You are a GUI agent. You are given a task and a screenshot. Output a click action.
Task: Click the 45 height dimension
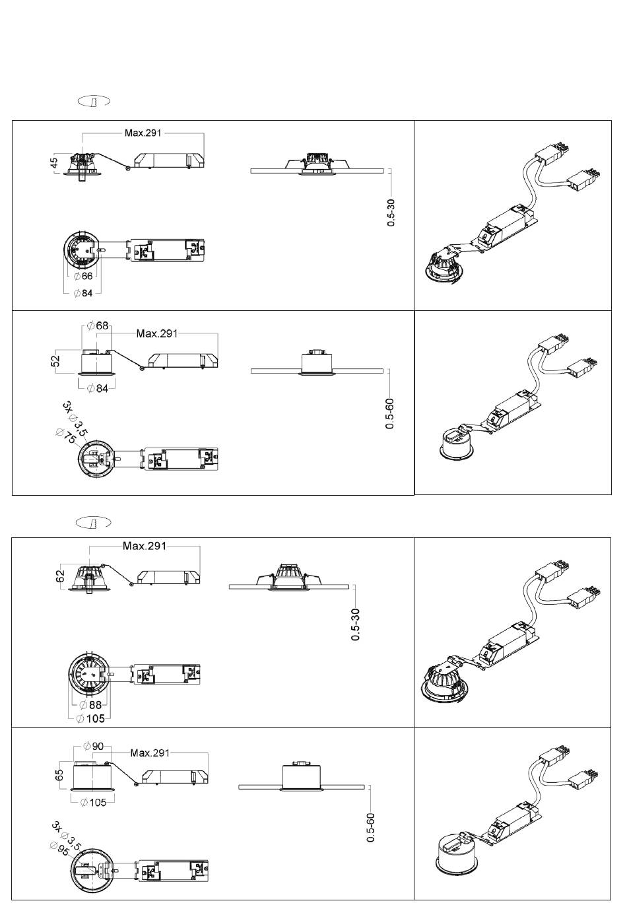point(54,163)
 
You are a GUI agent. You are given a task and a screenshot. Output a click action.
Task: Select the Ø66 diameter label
point(83,276)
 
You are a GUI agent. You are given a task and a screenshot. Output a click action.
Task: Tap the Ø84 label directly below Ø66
point(83,293)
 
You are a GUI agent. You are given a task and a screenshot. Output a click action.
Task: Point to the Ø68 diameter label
point(98,325)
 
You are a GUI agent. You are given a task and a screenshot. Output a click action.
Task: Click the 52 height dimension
point(56,360)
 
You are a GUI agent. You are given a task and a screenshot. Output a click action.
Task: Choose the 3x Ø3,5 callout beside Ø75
point(75,419)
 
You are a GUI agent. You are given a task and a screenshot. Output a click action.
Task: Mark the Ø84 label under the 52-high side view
point(98,388)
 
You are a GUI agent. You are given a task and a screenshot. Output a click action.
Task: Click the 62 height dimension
point(60,576)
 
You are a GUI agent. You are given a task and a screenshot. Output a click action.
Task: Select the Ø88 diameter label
point(90,705)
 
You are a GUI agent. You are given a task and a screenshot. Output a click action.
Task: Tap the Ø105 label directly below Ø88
point(90,719)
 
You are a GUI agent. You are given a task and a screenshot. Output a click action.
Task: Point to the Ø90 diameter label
point(93,746)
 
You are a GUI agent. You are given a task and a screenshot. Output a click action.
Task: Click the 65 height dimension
point(59,775)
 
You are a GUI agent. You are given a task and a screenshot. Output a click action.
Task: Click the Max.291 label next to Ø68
point(157,333)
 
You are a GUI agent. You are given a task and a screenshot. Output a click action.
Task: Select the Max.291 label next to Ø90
point(150,753)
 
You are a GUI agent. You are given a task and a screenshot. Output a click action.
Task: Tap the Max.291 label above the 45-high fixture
point(143,133)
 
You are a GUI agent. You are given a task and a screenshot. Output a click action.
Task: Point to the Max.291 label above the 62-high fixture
point(145,546)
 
